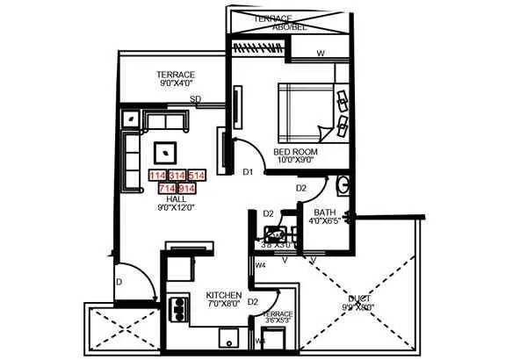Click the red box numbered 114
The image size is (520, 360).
click(x=158, y=176)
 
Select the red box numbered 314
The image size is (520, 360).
click(x=177, y=176)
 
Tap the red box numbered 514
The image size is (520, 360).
click(x=197, y=176)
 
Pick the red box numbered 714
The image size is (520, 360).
click(x=167, y=188)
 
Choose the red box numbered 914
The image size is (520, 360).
click(x=186, y=188)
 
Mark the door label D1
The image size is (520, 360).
click(x=248, y=172)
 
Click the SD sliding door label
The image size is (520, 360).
click(x=196, y=99)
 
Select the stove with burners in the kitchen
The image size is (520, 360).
click(x=179, y=311)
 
